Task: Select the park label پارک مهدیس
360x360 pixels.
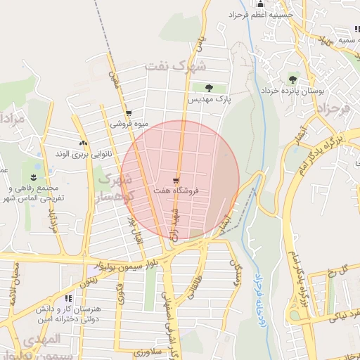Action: pyautogui.click(x=210, y=99)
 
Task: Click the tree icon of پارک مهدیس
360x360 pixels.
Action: pyautogui.click(x=210, y=88)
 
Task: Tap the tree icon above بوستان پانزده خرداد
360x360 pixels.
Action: pyautogui.click(x=292, y=79)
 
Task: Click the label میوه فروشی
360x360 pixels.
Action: pyautogui.click(x=129, y=124)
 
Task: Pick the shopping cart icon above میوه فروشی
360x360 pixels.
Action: pyautogui.click(x=128, y=113)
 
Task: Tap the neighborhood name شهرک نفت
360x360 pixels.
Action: pyautogui.click(x=176, y=67)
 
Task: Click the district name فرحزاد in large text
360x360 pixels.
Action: pyautogui.click(x=333, y=109)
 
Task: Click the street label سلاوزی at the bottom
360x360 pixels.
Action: pyautogui.click(x=151, y=351)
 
